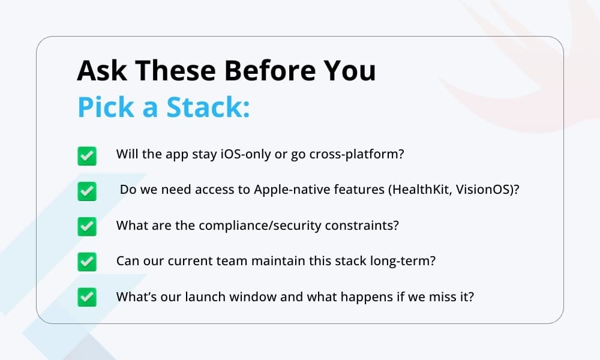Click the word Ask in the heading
coord(102,70)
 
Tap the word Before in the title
coord(270,70)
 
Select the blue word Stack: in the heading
coord(208,107)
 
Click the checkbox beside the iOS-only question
coord(87,156)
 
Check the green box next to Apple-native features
coord(87,191)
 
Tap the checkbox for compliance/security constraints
coord(87,226)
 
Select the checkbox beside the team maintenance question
coord(87,262)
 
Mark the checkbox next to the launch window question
coord(87,297)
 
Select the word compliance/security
coord(260,226)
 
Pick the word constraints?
coord(362,226)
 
